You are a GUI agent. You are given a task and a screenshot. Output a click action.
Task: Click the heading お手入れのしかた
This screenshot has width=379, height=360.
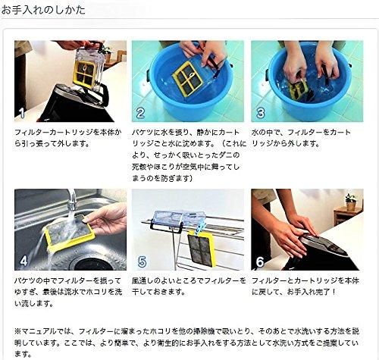pyautogui.click(x=43, y=10)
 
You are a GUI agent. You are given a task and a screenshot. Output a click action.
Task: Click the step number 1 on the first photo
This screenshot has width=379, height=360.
pyautogui.click(x=22, y=113)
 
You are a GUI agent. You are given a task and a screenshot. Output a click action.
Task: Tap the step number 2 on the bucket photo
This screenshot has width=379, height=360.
pyautogui.click(x=140, y=113)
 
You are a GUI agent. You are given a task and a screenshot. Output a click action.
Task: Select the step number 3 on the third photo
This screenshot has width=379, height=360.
pyautogui.click(x=260, y=113)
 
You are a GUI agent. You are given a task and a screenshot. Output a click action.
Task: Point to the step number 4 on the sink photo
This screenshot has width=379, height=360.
pyautogui.click(x=23, y=261)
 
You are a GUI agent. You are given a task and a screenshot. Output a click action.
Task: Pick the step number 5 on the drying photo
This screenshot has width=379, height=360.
pyautogui.click(x=142, y=261)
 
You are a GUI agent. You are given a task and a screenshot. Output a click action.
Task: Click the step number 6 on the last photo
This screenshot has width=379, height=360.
pyautogui.click(x=260, y=261)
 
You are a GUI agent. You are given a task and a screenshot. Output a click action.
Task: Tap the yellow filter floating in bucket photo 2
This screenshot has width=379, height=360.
pyautogui.click(x=188, y=78)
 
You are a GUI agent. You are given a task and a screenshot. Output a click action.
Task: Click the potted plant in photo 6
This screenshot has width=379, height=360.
pyautogui.click(x=351, y=202)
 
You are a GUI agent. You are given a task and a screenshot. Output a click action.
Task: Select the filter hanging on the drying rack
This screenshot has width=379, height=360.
pyautogui.click(x=202, y=249)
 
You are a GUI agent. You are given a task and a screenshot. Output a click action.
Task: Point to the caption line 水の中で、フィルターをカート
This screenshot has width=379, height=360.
pyautogui.click(x=301, y=132)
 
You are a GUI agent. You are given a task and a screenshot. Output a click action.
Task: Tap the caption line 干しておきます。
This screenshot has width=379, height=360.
pyautogui.click(x=158, y=292)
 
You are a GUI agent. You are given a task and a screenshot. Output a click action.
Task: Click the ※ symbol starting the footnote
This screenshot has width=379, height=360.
pyautogui.click(x=17, y=331)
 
